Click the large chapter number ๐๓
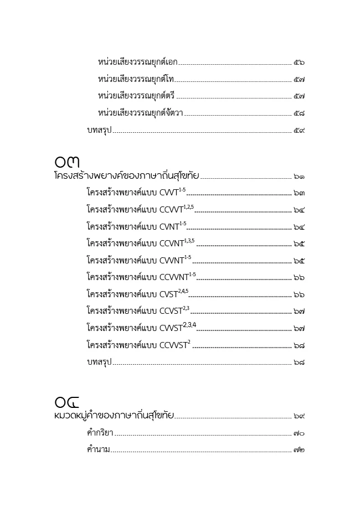(x=67, y=162)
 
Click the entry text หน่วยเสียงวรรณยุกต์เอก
(x=137, y=62)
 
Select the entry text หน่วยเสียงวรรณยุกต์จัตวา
(x=141, y=113)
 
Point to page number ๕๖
(x=299, y=63)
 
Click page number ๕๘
(x=299, y=113)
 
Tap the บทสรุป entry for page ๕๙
(x=99, y=131)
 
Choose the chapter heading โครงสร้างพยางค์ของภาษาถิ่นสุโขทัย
(x=126, y=176)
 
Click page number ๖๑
(x=299, y=177)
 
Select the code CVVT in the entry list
(x=168, y=194)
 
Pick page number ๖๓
(x=299, y=194)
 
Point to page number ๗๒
(x=299, y=450)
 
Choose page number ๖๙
(x=299, y=416)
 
